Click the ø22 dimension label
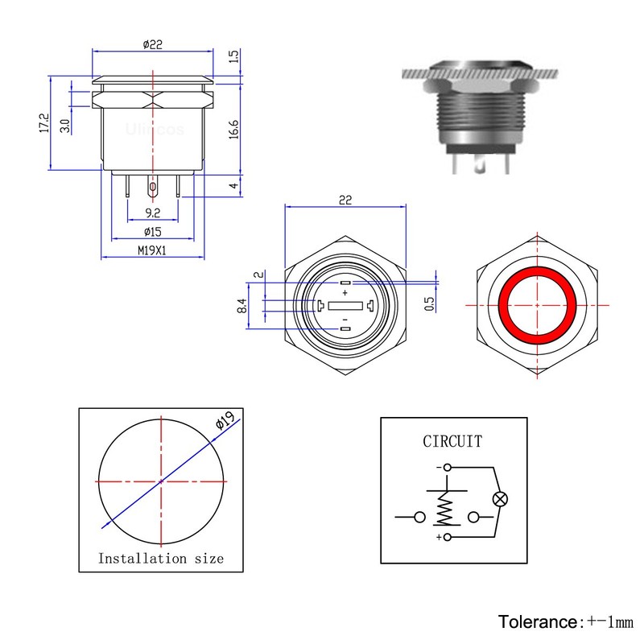[x=153, y=44]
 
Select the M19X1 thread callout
[x=152, y=250]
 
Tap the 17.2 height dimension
[x=44, y=123]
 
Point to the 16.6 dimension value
[x=233, y=130]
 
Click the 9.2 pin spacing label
[x=153, y=213]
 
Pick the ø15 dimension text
[x=153, y=232]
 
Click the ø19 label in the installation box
[x=225, y=420]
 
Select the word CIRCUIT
[x=452, y=441]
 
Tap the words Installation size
[x=161, y=559]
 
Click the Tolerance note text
[x=566, y=621]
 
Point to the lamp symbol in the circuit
[x=500, y=499]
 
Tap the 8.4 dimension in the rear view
[x=242, y=306]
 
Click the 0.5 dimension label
[x=429, y=304]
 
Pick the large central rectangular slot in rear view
[x=345, y=306]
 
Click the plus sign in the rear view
[x=345, y=293]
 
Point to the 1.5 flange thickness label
[x=233, y=56]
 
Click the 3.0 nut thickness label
[x=65, y=126]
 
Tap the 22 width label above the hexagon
[x=345, y=200]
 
